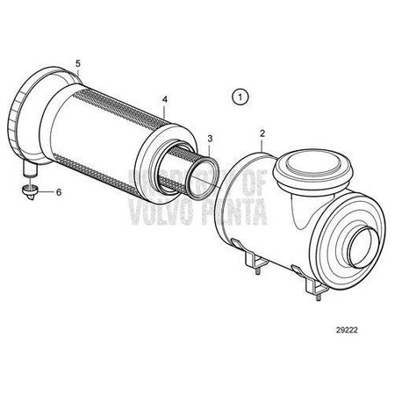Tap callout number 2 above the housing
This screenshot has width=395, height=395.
pos(262,133)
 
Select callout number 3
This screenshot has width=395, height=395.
pos(209,139)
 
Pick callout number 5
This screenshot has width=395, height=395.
pos(78,64)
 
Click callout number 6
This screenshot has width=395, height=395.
pos(59,191)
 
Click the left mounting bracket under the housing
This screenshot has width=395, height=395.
pos(252,262)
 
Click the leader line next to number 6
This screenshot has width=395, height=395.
pos(46,190)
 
